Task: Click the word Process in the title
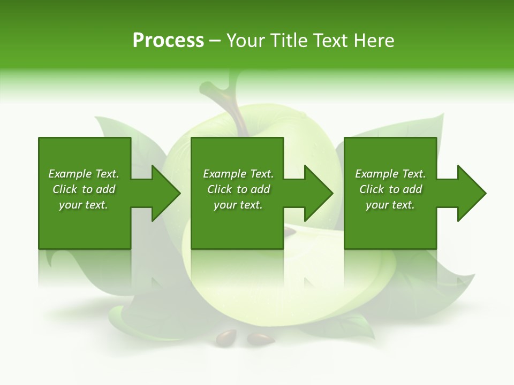tap(168, 41)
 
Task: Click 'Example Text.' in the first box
tap(84, 174)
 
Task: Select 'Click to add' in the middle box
tap(238, 189)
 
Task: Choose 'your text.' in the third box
tap(390, 205)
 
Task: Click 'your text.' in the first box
tap(84, 205)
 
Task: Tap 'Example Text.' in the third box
tap(390, 174)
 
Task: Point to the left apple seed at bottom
tap(226, 337)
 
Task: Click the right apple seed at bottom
tap(261, 338)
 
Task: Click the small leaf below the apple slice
tap(353, 326)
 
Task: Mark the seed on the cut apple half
tap(290, 230)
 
